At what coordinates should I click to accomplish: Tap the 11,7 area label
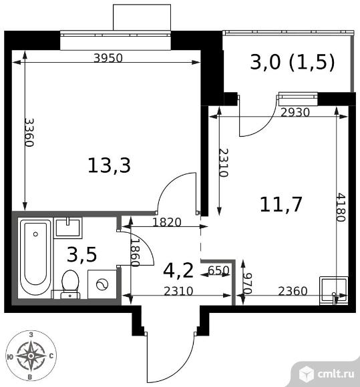(x=281, y=204)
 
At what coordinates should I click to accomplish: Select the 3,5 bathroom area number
(x=81, y=255)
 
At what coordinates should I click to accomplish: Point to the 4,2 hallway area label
(x=178, y=270)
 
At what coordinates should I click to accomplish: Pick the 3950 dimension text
(x=108, y=58)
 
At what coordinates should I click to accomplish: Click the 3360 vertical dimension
(x=29, y=133)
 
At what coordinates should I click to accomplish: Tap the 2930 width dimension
(x=295, y=113)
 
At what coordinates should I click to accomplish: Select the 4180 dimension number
(x=341, y=208)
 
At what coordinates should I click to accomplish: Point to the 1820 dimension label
(x=167, y=222)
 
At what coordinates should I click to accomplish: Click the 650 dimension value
(x=218, y=271)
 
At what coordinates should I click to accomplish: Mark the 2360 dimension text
(x=293, y=291)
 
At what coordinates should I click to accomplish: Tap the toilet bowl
(x=70, y=284)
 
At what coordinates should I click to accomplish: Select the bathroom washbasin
(x=68, y=228)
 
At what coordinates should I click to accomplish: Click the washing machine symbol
(x=102, y=284)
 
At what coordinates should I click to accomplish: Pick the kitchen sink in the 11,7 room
(x=334, y=290)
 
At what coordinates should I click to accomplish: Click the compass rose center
(x=31, y=356)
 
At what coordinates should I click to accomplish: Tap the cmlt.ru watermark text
(x=335, y=374)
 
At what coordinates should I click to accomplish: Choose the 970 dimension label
(x=247, y=284)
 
